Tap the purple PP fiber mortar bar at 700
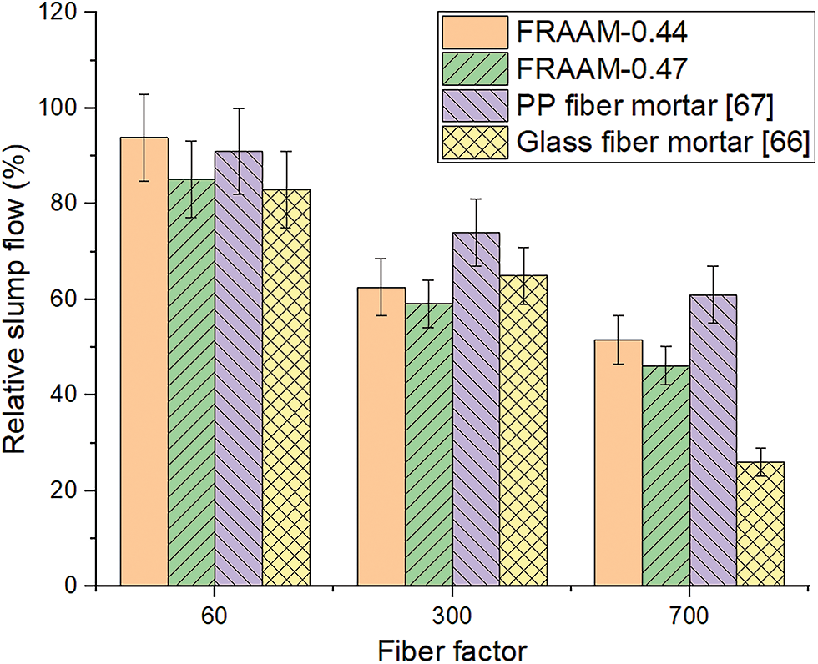pyautogui.click(x=714, y=442)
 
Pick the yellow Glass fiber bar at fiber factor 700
pyautogui.click(x=761, y=526)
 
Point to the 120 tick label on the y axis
pyautogui.click(x=64, y=13)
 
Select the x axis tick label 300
pyautogui.click(x=452, y=616)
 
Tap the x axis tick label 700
pyautogui.click(x=689, y=616)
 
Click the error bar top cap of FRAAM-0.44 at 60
pyautogui.click(x=144, y=94)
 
